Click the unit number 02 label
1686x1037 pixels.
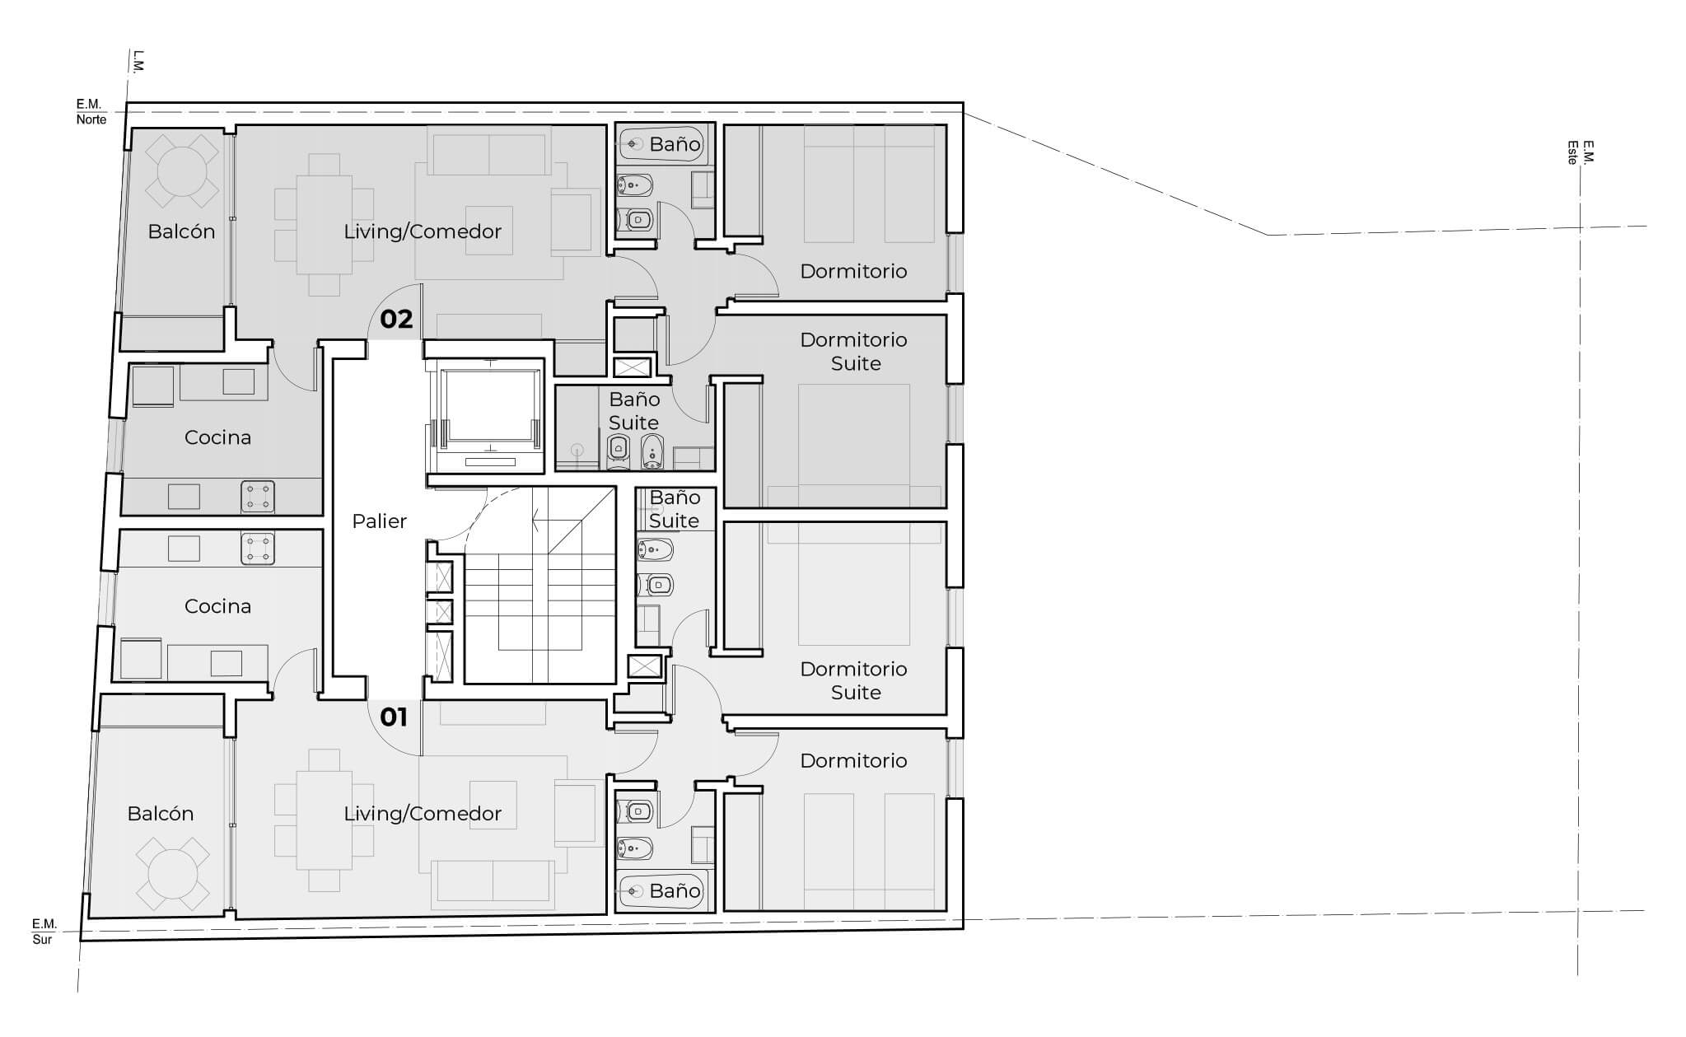tap(396, 319)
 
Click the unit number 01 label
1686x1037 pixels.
tap(394, 717)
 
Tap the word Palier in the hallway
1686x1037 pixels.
tap(379, 521)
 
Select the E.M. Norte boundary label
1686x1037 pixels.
tap(91, 112)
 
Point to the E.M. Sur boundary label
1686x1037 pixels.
tap(44, 932)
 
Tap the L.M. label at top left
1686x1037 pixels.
tap(138, 61)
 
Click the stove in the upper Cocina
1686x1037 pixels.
tap(258, 497)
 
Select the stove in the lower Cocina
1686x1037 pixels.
tap(258, 549)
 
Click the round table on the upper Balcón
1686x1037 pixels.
tap(182, 170)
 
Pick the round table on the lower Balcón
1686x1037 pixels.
tap(172, 874)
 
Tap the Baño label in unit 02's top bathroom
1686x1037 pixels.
tap(675, 144)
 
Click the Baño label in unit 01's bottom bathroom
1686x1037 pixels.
tap(675, 890)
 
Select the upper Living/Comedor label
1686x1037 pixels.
tap(423, 231)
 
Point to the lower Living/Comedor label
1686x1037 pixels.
tap(423, 814)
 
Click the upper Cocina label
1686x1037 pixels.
tap(217, 437)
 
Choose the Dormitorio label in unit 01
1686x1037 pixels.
tap(853, 760)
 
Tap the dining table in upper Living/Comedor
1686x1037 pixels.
tap(325, 225)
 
